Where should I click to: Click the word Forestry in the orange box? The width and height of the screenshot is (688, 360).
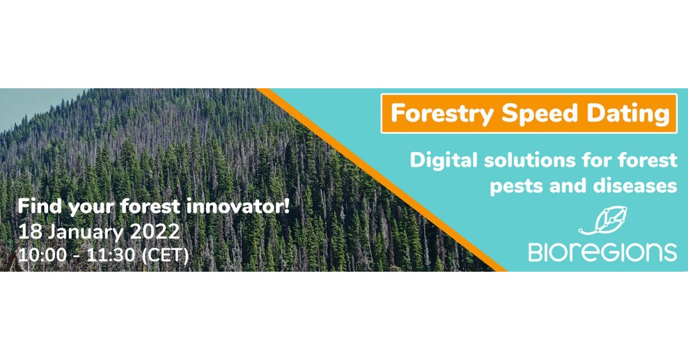tap(441, 114)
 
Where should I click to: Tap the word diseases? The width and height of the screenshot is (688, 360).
tap(635, 186)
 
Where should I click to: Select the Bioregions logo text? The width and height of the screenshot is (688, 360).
tap(603, 252)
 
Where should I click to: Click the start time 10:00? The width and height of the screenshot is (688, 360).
tap(42, 255)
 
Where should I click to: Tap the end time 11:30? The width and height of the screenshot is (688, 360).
tap(111, 255)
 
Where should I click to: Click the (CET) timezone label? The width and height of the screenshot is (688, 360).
tap(165, 256)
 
